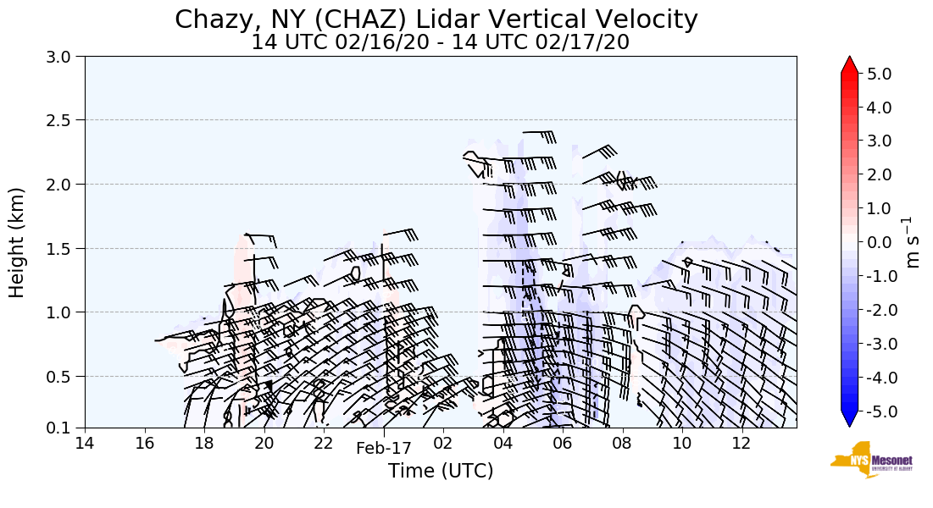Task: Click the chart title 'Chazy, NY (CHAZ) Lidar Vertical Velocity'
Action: click(436, 19)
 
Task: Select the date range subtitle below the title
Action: click(440, 41)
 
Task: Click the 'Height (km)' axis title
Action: click(18, 242)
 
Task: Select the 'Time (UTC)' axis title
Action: click(440, 471)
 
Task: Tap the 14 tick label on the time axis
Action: click(85, 444)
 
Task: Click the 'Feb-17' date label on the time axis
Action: click(383, 448)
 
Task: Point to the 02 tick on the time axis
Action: click(443, 444)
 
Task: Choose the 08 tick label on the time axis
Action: click(622, 444)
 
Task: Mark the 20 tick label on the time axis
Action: click(264, 444)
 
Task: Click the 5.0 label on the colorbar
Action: click(879, 74)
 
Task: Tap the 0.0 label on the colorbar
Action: click(879, 243)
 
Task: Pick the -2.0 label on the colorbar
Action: click(876, 310)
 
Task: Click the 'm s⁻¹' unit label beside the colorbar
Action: click(913, 242)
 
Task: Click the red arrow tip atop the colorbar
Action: click(850, 64)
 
